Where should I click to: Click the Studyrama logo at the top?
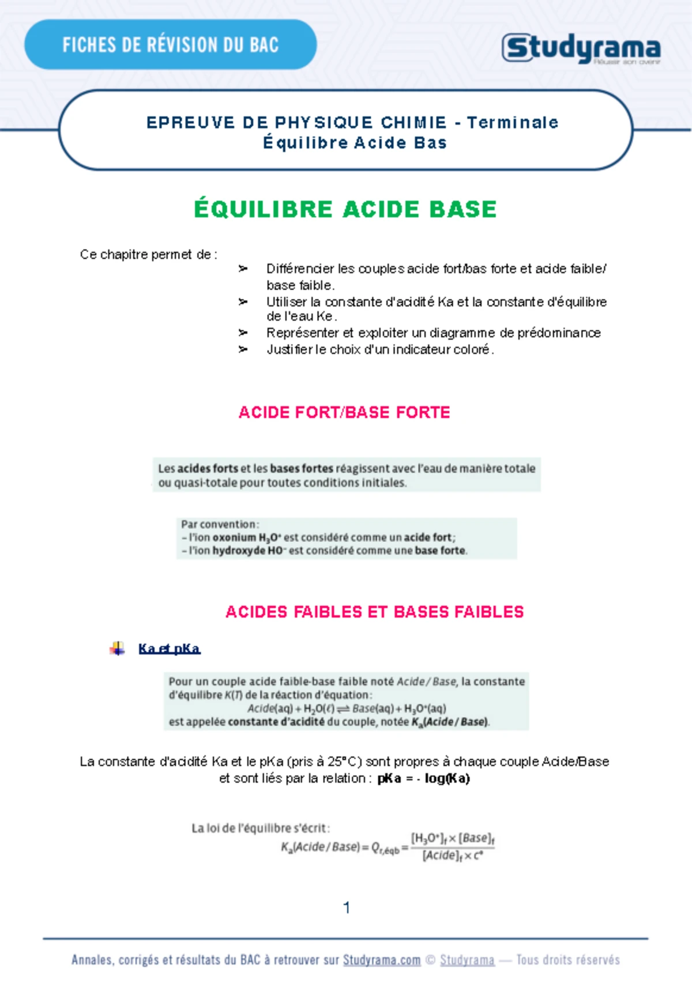pyautogui.click(x=581, y=48)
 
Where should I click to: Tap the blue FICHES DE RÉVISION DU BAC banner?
pyautogui.click(x=170, y=45)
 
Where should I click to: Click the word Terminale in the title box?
pyautogui.click(x=512, y=122)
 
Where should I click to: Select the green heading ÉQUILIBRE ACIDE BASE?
pyautogui.click(x=345, y=209)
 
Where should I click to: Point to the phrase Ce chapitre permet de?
pyautogui.click(x=148, y=255)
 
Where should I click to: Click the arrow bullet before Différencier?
pyautogui.click(x=243, y=269)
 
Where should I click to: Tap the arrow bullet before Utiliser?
pyautogui.click(x=243, y=302)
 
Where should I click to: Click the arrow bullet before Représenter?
pyautogui.click(x=243, y=333)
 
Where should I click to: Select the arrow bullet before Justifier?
pyautogui.click(x=243, y=350)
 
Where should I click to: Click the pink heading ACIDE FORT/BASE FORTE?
pyautogui.click(x=344, y=412)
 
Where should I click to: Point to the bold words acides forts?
pyautogui.click(x=208, y=469)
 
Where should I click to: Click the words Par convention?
pyautogui.click(x=220, y=524)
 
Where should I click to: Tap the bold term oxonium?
pyautogui.click(x=234, y=537)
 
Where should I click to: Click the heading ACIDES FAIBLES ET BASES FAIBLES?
pyautogui.click(x=374, y=612)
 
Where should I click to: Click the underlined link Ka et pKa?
pyautogui.click(x=169, y=649)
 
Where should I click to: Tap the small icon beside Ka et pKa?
pyautogui.click(x=117, y=649)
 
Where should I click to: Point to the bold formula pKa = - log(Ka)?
pyautogui.click(x=423, y=779)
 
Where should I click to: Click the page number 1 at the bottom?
pyautogui.click(x=347, y=908)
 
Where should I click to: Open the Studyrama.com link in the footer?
pyautogui.click(x=381, y=960)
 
